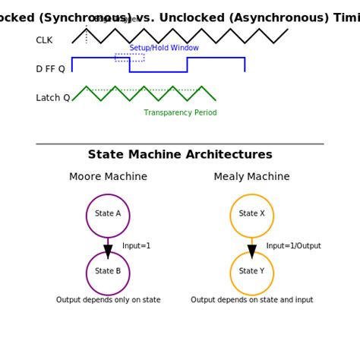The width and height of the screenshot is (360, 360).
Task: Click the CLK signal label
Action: pos(44,40)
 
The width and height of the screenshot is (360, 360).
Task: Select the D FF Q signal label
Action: pos(50,69)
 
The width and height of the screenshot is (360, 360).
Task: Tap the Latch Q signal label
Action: pos(52,98)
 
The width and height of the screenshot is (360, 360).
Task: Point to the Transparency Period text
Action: pos(180,113)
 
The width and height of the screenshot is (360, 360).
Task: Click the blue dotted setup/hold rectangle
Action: pos(129,57)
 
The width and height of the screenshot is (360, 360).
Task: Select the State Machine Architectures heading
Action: pos(180,155)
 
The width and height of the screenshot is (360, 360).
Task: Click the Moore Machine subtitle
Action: pos(108,177)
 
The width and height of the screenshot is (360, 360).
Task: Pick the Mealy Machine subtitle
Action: pos(251,177)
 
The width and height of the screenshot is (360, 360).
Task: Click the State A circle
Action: pos(108,216)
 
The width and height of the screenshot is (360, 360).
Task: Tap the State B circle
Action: pos(108,273)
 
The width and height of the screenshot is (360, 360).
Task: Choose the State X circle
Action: pos(251,216)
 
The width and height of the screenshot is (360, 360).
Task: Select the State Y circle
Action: pos(251,273)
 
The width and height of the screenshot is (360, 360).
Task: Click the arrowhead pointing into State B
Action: pos(108,251)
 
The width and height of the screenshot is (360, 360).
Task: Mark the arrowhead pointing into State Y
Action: pos(251,251)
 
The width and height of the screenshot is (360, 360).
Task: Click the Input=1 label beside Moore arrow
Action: pos(137,246)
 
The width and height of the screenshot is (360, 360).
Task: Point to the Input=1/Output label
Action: pos(293,246)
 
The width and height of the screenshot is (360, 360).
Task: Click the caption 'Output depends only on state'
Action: pos(108,300)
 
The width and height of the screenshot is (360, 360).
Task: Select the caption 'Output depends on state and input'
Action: pos(251,300)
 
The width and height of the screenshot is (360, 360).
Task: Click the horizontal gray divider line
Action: pos(180,144)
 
